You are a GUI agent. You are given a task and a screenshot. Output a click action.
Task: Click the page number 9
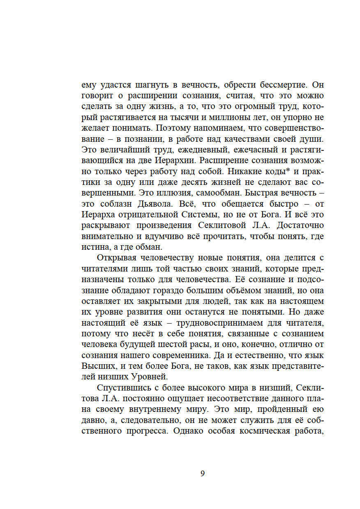click(x=202, y=473)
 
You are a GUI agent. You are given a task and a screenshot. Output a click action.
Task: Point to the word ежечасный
click(x=258, y=150)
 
